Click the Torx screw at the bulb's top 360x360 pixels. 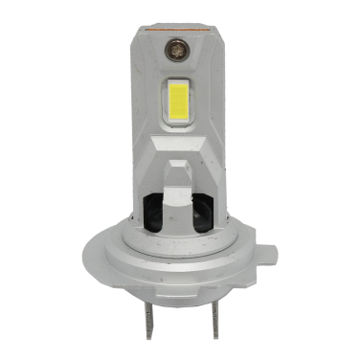tap(178, 43)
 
